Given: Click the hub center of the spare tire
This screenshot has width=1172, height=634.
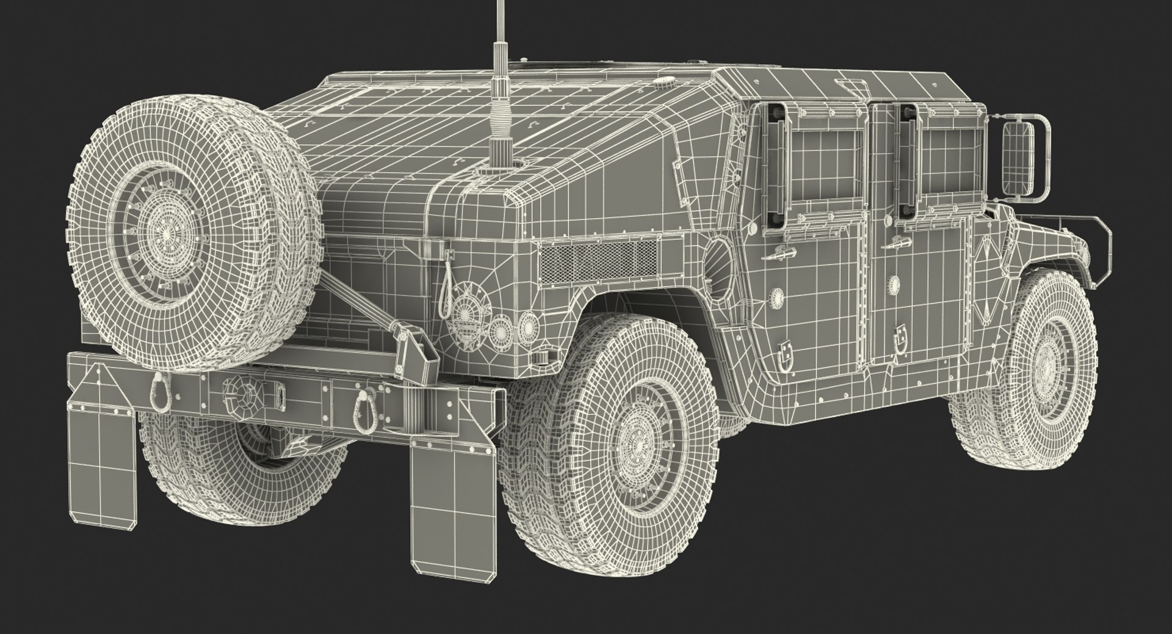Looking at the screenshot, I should [x=165, y=234].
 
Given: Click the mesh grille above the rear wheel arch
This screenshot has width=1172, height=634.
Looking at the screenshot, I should [x=598, y=260].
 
